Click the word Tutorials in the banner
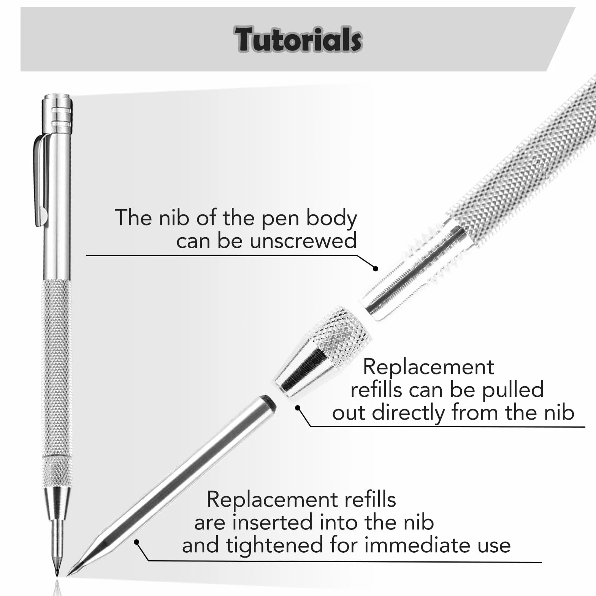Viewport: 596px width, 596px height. tap(298, 39)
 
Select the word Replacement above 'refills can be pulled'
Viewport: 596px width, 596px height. tap(428, 367)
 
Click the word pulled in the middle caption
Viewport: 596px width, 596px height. tap(514, 390)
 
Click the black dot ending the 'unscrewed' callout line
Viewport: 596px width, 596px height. tap(376, 269)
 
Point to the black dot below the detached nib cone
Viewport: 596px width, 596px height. tap(298, 408)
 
